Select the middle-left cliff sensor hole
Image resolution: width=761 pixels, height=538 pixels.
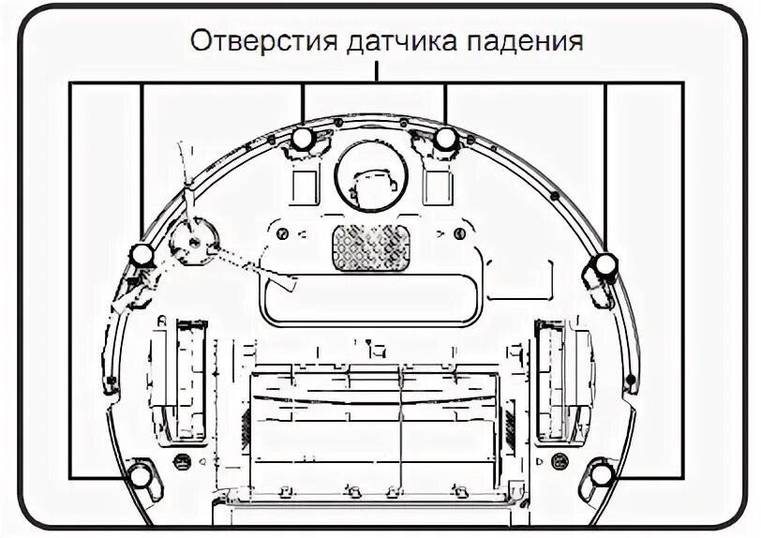point(141,254)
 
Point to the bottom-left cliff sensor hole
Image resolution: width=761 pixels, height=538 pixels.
point(141,476)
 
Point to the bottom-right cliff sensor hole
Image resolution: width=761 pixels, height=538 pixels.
point(602,476)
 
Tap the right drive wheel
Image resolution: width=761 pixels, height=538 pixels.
point(560,380)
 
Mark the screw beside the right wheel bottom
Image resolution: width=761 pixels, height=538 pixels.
point(560,461)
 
